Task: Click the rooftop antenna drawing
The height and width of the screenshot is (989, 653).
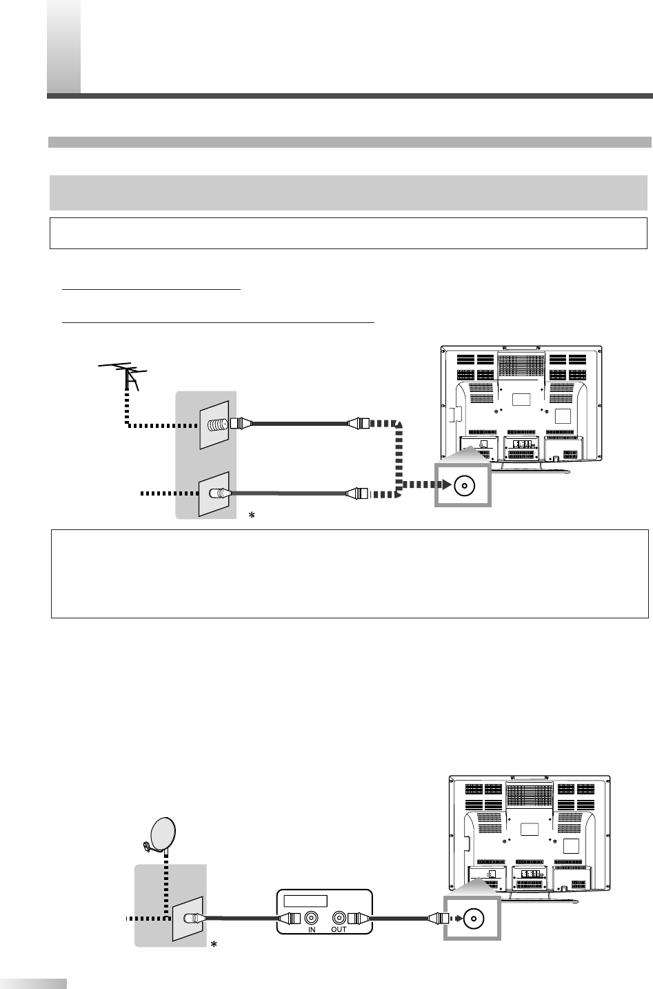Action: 124,373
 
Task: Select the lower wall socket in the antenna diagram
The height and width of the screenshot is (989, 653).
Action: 215,493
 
